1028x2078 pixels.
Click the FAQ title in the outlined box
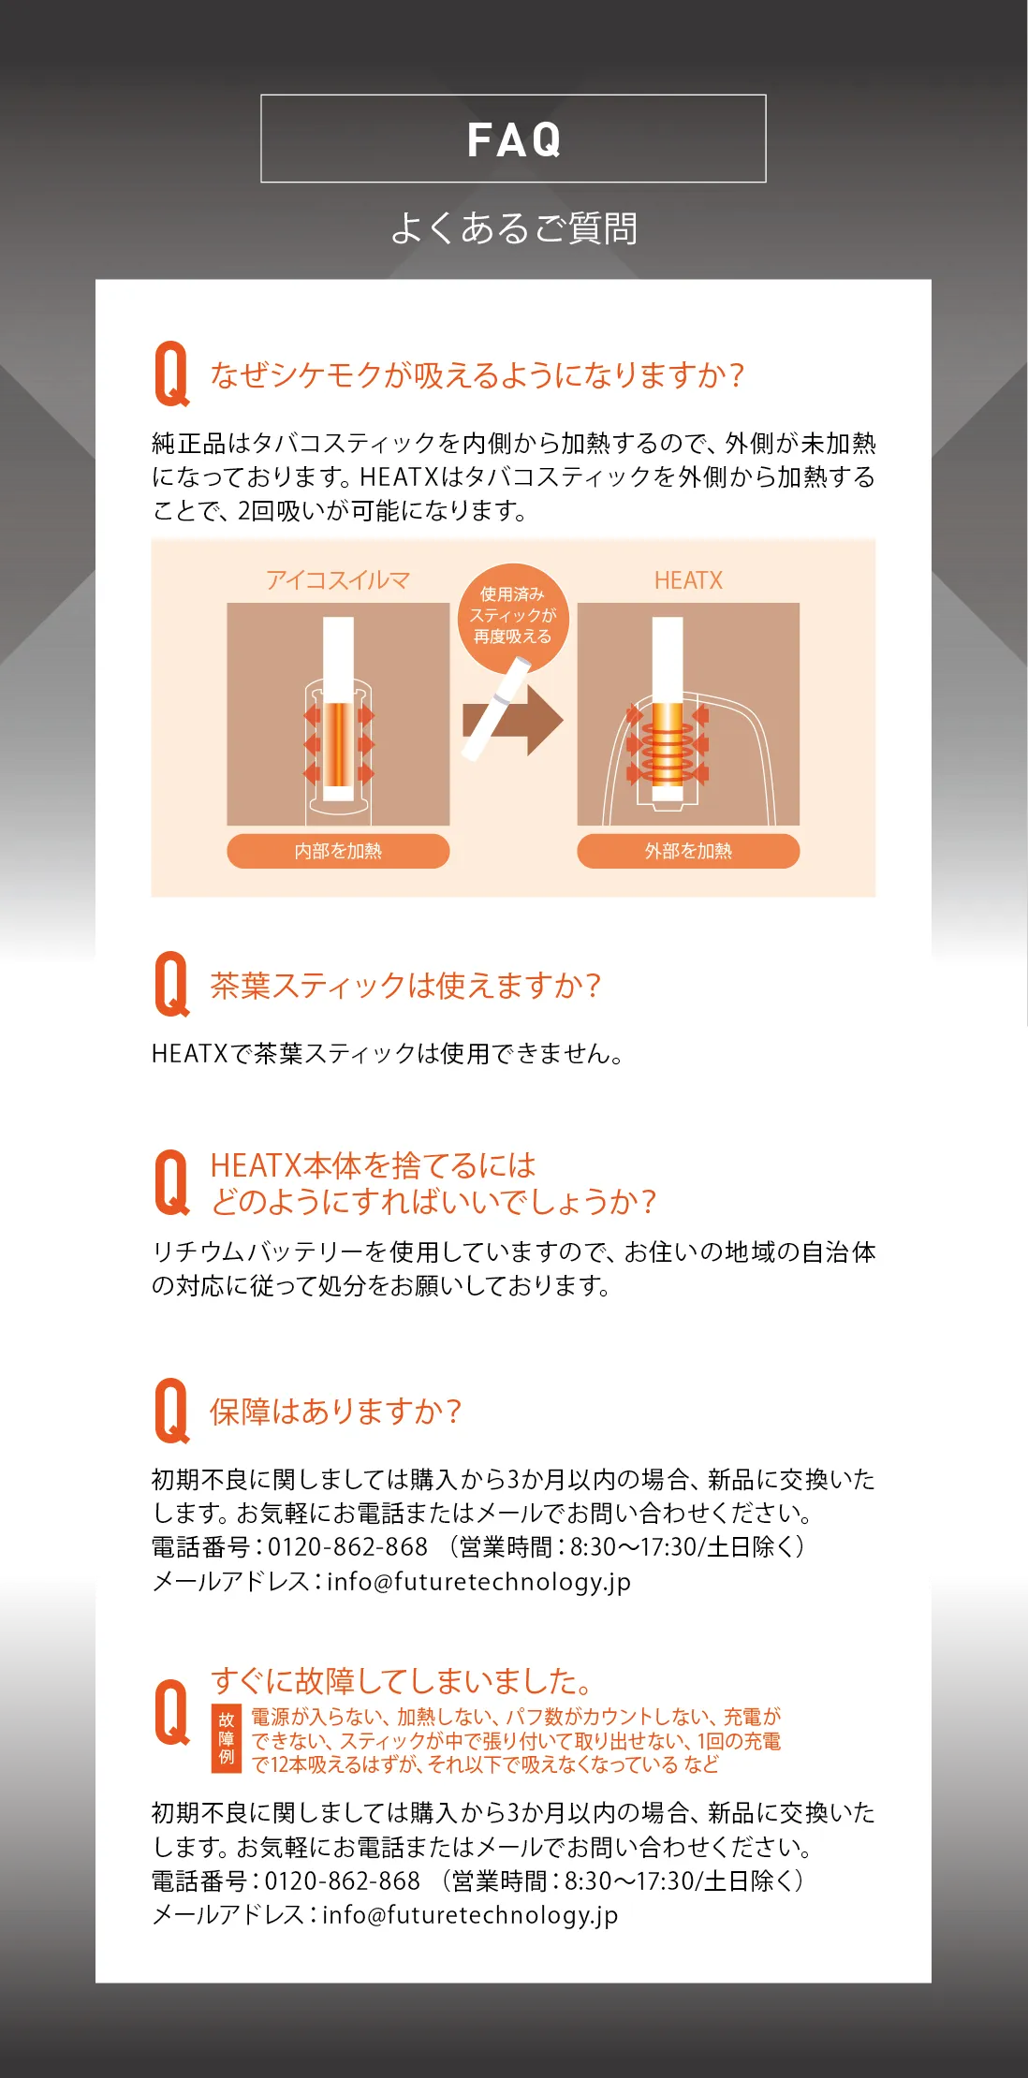[514, 139]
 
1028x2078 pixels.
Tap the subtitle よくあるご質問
[514, 228]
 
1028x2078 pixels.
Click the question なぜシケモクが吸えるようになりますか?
[477, 374]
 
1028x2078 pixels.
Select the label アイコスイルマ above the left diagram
[338, 580]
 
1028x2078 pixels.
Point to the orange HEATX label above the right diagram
[688, 580]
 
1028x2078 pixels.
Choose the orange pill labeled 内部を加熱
[338, 851]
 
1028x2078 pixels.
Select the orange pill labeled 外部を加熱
[688, 851]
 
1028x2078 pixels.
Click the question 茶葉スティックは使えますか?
[405, 986]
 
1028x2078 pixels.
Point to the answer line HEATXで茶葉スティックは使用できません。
[388, 1054]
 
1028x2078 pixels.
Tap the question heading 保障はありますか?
[335, 1412]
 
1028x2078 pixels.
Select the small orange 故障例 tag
[227, 1738]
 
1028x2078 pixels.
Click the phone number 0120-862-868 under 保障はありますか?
[348, 1547]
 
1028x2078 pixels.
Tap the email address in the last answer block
[470, 1915]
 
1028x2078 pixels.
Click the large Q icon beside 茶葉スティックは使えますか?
[172, 984]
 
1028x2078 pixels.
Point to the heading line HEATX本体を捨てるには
[373, 1165]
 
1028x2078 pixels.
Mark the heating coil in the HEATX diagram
[668, 749]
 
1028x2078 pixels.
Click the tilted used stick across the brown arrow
[496, 709]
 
